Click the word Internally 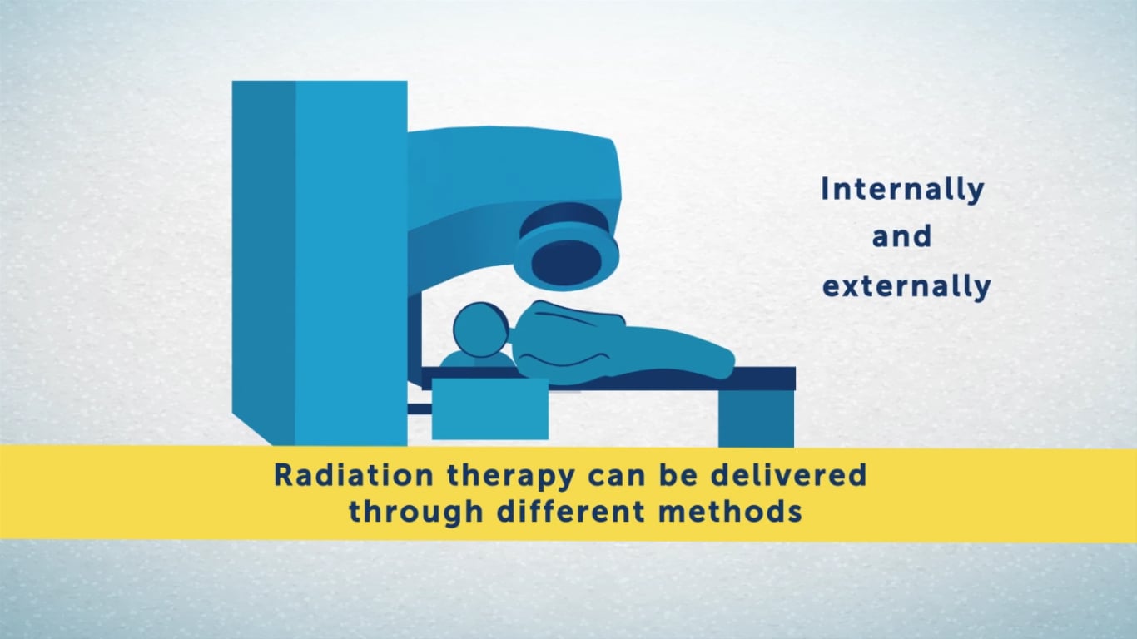(902, 190)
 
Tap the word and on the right (901, 237)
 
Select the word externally (906, 287)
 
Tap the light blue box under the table (489, 409)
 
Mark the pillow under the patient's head (476, 360)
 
